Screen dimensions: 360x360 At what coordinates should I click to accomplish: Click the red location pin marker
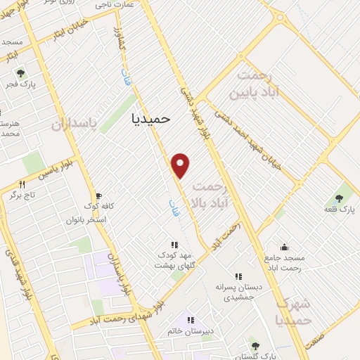(x=181, y=165)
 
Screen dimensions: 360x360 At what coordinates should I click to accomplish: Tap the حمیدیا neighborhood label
(x=151, y=118)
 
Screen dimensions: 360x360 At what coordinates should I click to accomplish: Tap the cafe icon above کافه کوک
(x=98, y=195)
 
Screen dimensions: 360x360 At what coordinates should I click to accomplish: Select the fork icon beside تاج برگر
(x=22, y=185)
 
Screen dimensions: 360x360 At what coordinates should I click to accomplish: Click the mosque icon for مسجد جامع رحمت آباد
(x=284, y=247)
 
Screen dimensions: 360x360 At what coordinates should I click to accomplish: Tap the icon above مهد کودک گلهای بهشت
(x=174, y=245)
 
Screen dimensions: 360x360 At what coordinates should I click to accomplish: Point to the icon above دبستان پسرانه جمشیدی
(x=238, y=277)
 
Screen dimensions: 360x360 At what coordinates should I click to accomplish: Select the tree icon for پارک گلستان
(x=255, y=346)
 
